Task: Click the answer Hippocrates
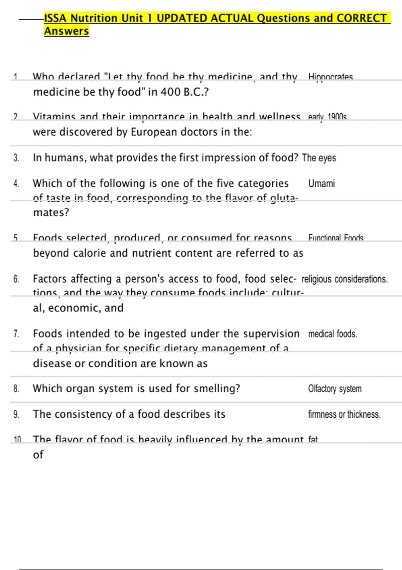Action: point(330,77)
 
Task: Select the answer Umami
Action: point(321,183)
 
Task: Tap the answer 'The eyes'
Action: point(319,158)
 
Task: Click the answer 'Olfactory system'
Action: point(335,389)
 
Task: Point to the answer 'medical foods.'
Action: point(333,334)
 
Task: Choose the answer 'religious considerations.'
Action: point(344,279)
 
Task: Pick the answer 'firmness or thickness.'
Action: point(344,414)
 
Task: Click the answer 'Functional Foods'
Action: point(336,238)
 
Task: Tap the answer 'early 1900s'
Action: point(327,117)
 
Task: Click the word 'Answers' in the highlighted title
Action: point(66,31)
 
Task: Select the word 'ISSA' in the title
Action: point(55,18)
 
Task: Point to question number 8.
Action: point(16,389)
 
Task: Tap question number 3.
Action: point(16,158)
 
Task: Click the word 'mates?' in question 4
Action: point(51,212)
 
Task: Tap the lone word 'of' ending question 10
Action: point(38,455)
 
